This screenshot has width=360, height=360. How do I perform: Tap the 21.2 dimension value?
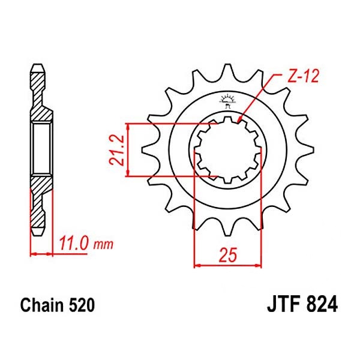117,150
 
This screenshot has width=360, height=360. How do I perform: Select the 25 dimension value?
226,254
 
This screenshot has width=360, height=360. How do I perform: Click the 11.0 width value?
75,244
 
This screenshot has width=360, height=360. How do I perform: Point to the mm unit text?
103,245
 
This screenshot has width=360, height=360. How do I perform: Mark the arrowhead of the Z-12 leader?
240,122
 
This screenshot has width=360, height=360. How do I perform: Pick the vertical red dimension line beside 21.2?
128,150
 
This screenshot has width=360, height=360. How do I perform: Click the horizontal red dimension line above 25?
226,264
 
